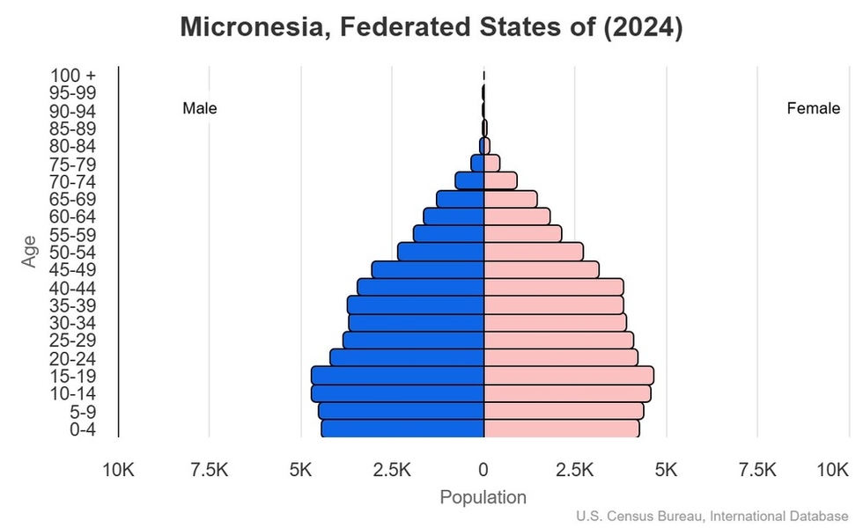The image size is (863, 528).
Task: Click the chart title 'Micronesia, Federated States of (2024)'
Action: [x=431, y=27]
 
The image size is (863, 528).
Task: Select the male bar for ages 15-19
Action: [x=398, y=375]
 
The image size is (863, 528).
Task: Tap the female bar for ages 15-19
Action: [x=568, y=375]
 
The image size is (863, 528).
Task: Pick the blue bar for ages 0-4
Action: [x=402, y=429]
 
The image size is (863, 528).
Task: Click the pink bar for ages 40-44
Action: [x=553, y=287]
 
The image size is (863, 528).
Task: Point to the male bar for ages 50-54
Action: [x=440, y=252]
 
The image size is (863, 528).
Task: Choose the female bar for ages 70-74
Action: [x=500, y=180]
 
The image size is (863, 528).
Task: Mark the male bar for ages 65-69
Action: [x=461, y=199]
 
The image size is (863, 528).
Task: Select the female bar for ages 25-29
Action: [x=558, y=340]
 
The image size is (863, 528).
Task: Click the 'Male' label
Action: [x=200, y=109]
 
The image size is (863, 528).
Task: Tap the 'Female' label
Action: [x=813, y=109]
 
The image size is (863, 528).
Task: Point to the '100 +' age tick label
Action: [x=72, y=76]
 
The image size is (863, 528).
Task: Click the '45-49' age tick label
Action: [x=72, y=270]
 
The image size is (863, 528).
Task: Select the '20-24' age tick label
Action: [x=72, y=358]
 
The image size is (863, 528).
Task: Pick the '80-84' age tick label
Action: [x=72, y=146]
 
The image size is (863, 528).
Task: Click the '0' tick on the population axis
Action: [x=483, y=471]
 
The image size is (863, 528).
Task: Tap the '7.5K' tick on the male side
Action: [x=210, y=471]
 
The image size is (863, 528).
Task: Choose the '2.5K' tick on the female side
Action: [x=575, y=471]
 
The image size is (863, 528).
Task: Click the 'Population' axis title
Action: [x=483, y=497]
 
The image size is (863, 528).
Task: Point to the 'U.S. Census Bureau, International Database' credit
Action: [x=713, y=517]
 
